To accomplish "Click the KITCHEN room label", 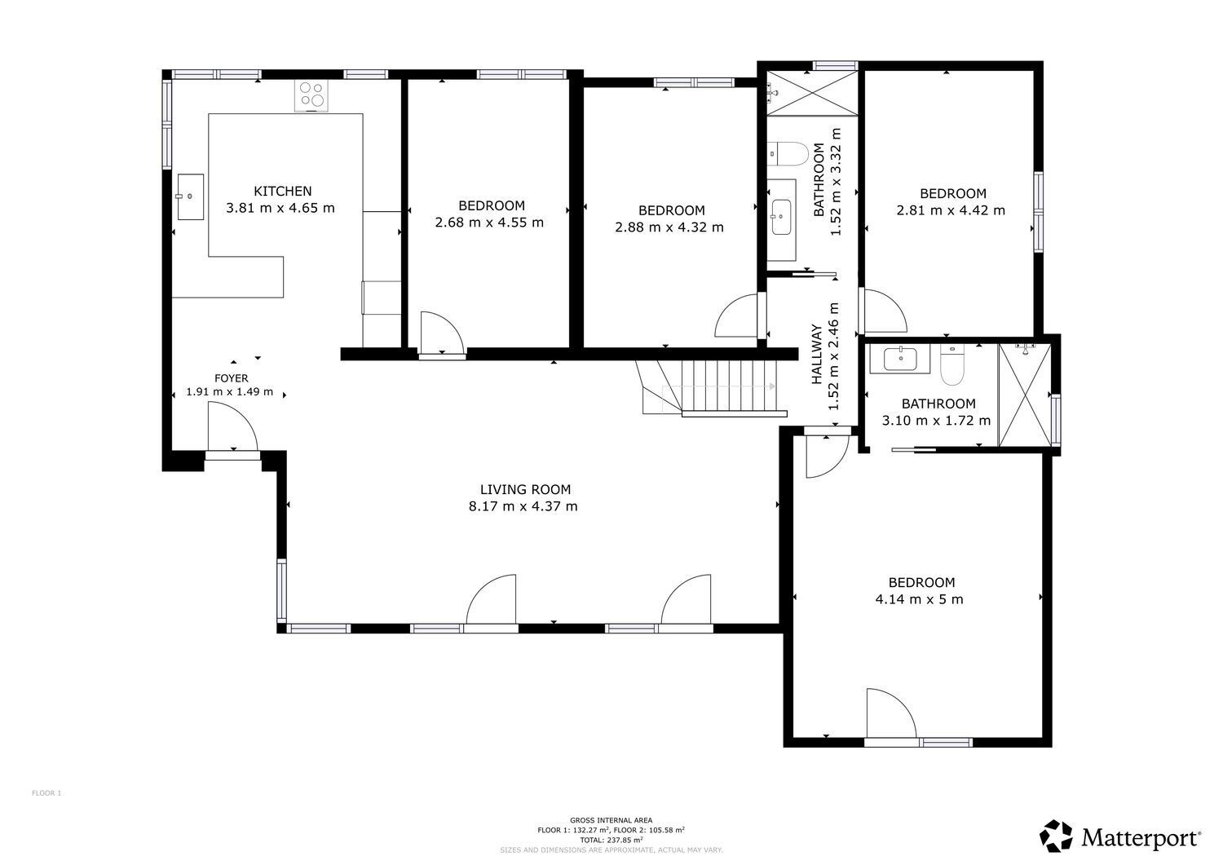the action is [283, 191].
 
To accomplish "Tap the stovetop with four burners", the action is [311, 95].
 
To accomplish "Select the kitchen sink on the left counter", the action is [191, 196].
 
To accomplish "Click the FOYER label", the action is [232, 378].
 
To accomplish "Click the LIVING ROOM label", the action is [525, 489].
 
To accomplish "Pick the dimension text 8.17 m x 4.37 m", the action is [523, 506].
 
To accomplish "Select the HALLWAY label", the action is [817, 354].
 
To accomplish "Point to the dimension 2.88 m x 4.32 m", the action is [669, 227].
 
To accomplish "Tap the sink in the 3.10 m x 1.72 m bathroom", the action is [900, 359].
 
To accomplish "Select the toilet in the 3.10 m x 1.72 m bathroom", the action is [953, 364].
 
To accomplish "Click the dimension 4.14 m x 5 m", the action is [920, 599].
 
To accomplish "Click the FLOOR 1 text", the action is [46, 793].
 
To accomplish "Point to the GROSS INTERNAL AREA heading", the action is [611, 820].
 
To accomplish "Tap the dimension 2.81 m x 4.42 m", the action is [951, 210].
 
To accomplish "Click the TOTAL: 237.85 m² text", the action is [611, 840].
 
